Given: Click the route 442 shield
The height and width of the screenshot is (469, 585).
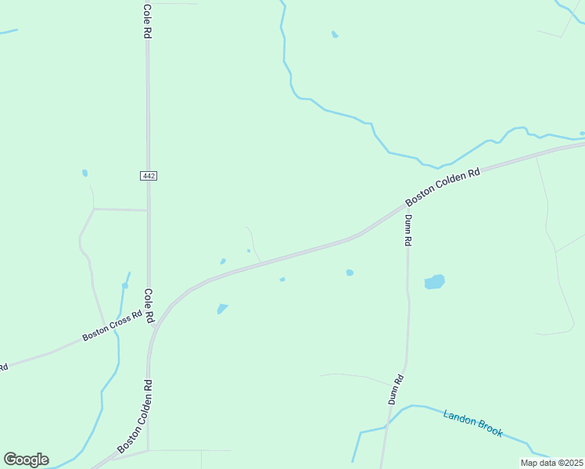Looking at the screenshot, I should point(149,176).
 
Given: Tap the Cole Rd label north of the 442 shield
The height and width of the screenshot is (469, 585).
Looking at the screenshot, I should point(147,21).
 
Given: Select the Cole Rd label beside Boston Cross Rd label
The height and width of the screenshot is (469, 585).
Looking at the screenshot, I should point(147,306).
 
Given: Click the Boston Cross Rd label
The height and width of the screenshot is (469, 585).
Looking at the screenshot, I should point(113,326).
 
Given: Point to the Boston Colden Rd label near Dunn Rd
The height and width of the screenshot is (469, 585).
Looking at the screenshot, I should point(442,188).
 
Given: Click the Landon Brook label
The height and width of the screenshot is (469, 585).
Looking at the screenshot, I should point(473,423).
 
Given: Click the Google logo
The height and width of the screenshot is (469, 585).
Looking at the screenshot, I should point(26,460).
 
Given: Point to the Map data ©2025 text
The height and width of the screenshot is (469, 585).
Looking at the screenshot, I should point(551,463).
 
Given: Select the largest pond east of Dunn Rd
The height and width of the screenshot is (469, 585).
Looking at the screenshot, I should point(434,281).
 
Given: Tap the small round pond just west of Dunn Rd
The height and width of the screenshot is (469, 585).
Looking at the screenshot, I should point(350,273).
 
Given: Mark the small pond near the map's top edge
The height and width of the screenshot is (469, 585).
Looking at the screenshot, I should point(335,34).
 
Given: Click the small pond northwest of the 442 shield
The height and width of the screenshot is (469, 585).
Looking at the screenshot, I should point(84,173).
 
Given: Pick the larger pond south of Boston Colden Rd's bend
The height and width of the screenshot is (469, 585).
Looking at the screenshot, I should point(223,308).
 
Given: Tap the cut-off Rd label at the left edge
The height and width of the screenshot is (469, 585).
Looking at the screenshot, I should point(3,366).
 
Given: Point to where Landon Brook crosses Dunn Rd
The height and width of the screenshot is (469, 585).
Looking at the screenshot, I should point(386,426).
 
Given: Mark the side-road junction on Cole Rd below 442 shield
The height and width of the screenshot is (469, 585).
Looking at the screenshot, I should point(148,210).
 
